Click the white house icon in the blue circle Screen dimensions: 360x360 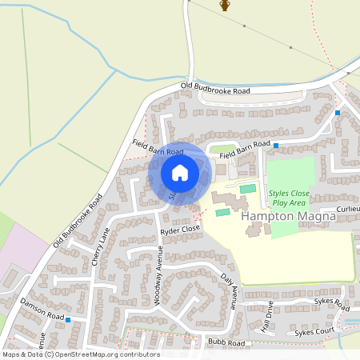click(x=180, y=173)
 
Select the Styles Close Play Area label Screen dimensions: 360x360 click(x=289, y=198)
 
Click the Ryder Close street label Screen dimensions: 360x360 click(x=179, y=229)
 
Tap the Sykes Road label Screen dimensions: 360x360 click(x=332, y=305)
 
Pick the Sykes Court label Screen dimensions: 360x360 click(x=314, y=330)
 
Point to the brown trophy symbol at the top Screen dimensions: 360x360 click(x=225, y=6)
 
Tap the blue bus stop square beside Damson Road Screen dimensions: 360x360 click(x=69, y=319)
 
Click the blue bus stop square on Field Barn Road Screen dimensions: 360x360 click(x=275, y=146)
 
